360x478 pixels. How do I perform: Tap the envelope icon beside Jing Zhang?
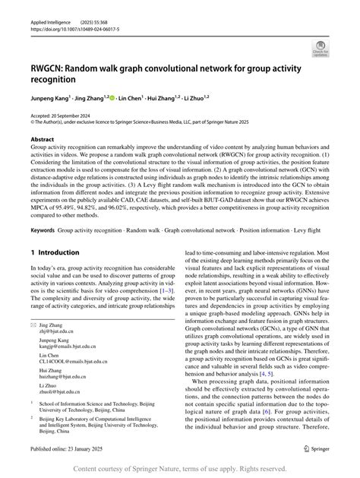33,344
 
